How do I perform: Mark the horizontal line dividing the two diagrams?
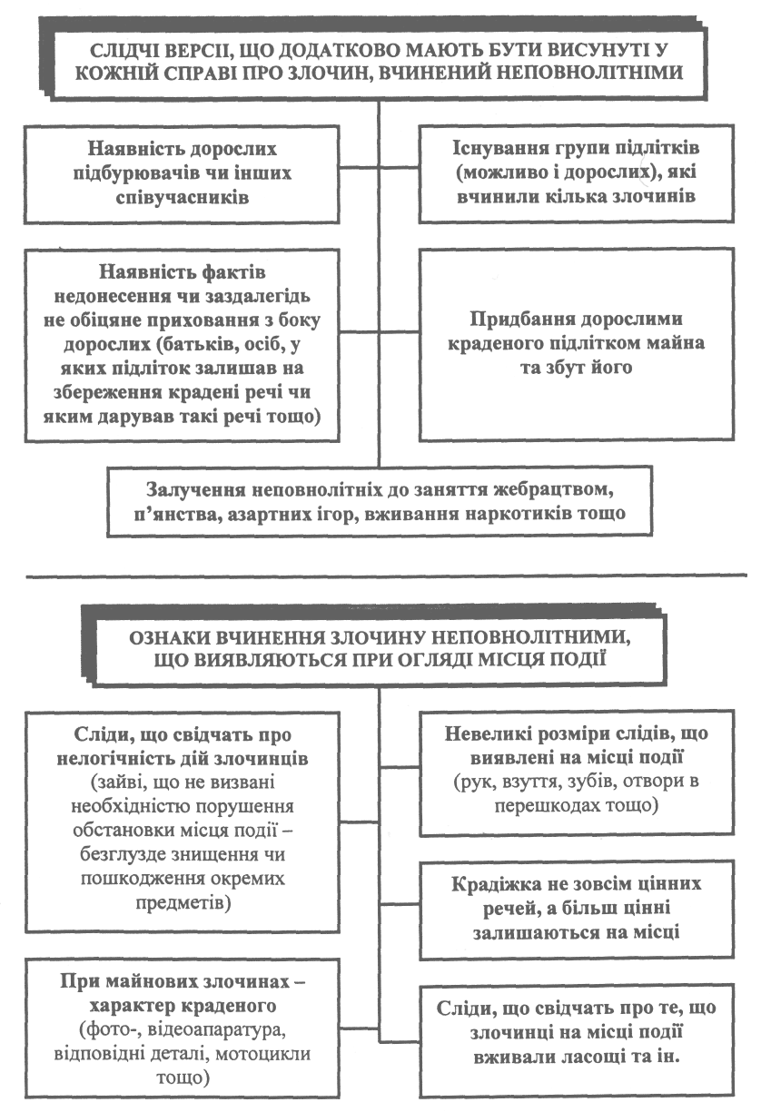pyautogui.click(x=380, y=575)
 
